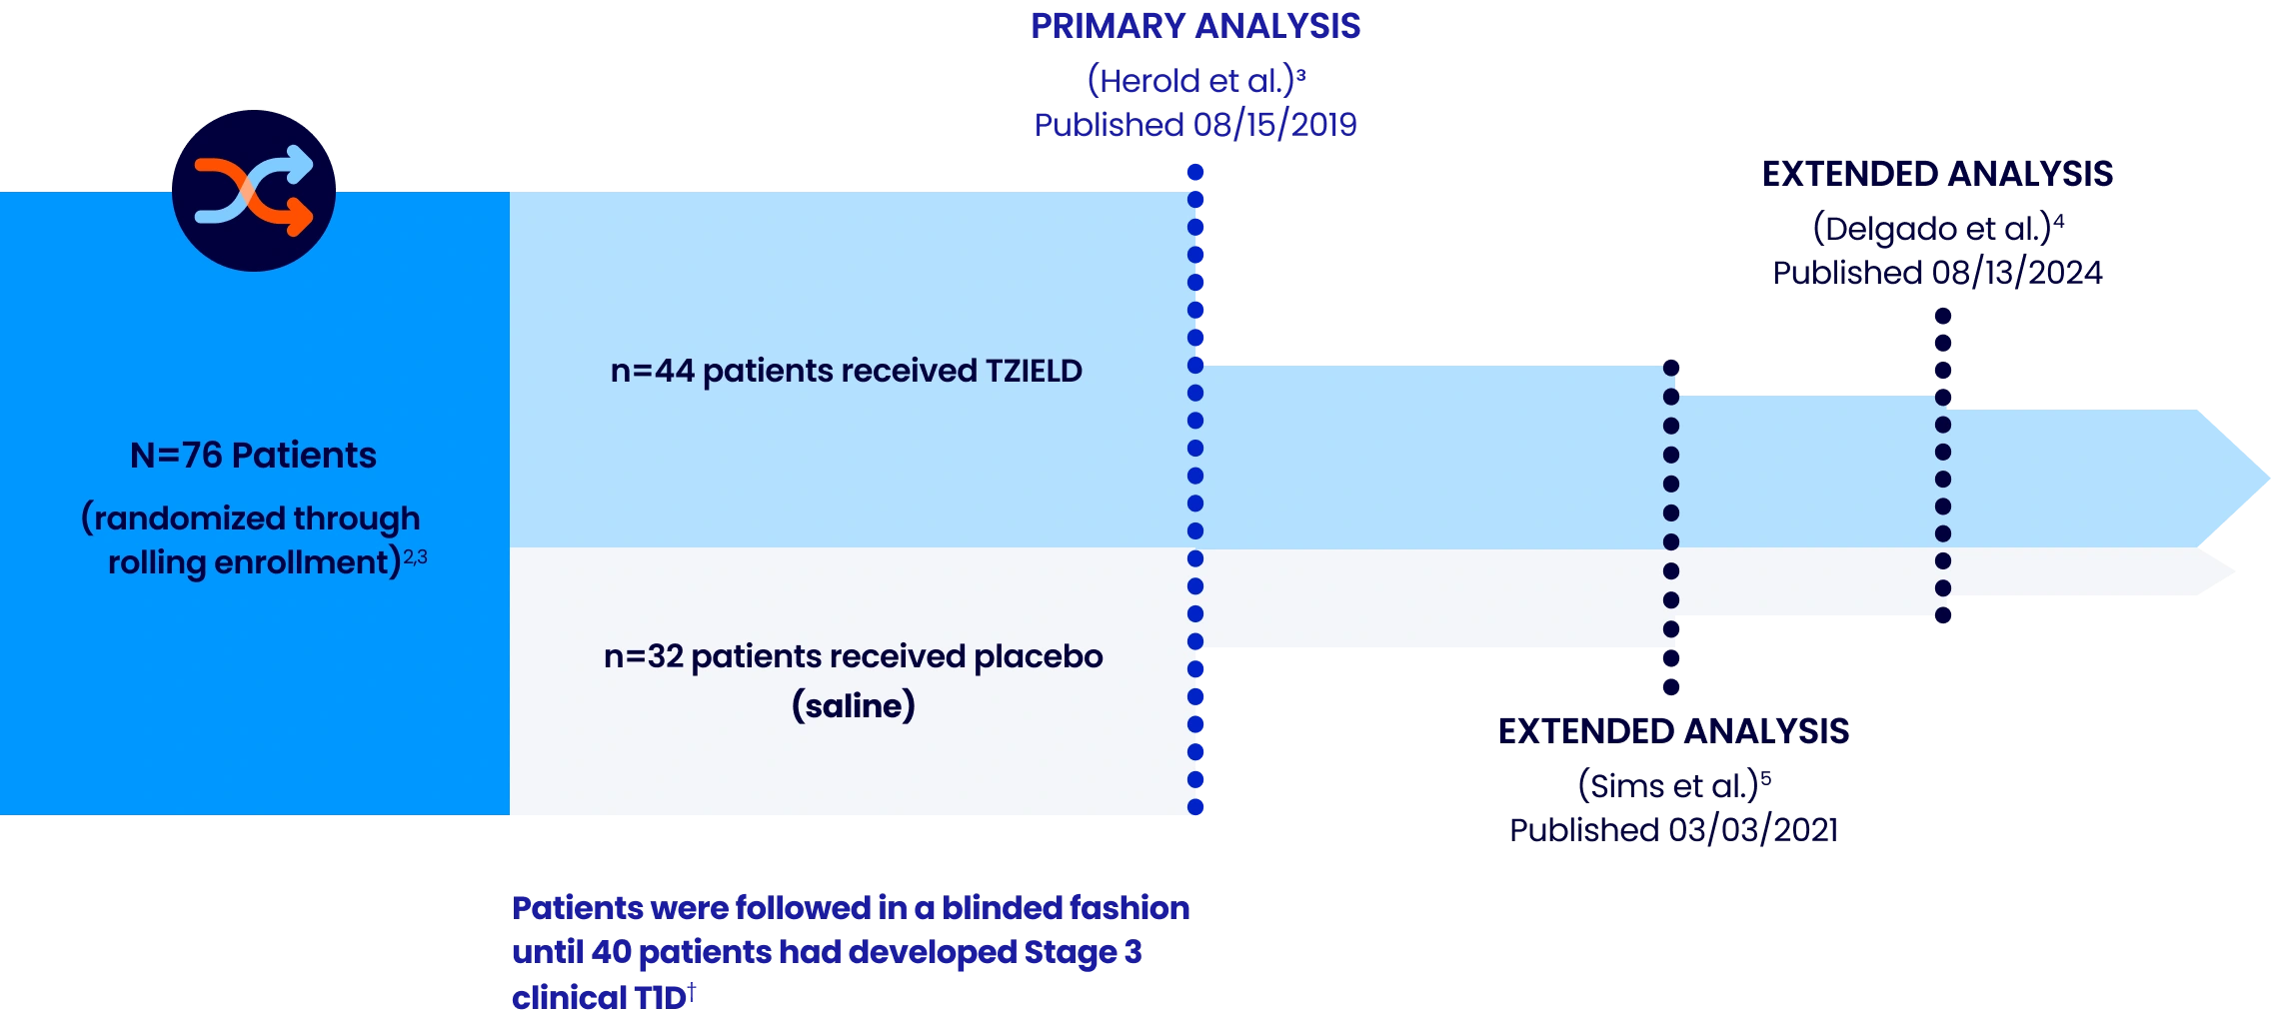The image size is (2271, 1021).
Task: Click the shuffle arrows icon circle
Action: (x=253, y=190)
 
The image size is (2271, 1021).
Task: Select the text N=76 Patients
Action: (x=253, y=456)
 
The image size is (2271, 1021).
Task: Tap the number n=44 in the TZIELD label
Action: (x=652, y=372)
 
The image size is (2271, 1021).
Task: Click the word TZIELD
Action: (x=1034, y=372)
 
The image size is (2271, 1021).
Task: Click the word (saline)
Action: (x=853, y=706)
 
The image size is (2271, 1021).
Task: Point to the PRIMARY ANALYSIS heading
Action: (x=1195, y=26)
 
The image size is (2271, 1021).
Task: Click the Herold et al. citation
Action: (x=1195, y=81)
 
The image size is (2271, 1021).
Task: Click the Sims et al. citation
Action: (x=1671, y=786)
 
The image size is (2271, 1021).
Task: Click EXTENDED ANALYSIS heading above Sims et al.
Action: (x=1673, y=730)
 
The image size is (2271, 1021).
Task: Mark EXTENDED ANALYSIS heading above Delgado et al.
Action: (x=1936, y=175)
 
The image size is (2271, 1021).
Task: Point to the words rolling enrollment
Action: (x=254, y=563)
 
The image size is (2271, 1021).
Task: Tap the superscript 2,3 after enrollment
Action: (x=415, y=557)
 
